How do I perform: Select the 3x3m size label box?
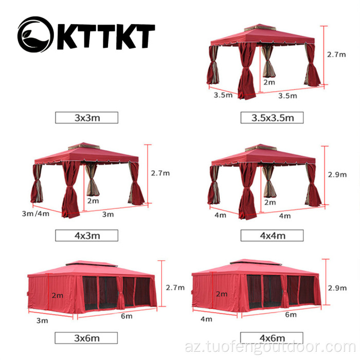coord(86,117)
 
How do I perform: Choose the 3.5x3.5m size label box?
coord(272,117)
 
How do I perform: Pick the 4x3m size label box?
coord(86,236)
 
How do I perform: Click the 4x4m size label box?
coord(272,236)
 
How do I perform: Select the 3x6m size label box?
coord(86,338)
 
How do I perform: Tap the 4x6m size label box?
coord(272,338)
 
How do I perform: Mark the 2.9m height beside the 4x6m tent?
coord(336,287)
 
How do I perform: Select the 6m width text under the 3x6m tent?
coord(127,316)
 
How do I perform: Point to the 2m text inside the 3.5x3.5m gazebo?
coord(269,81)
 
